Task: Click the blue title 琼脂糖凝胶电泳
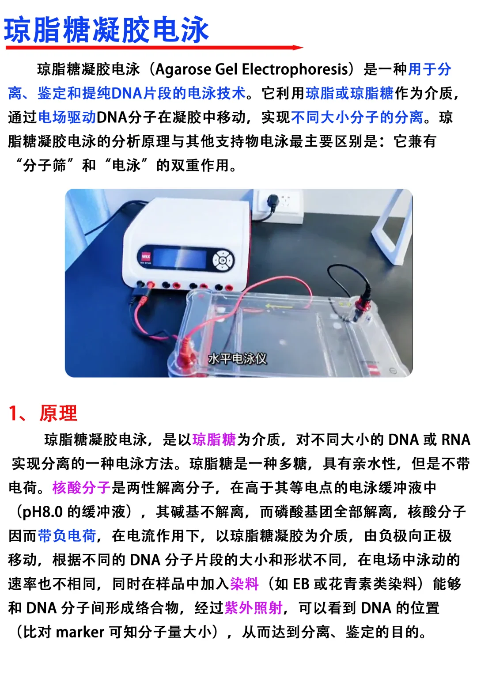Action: (x=106, y=30)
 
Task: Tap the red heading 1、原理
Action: (x=43, y=413)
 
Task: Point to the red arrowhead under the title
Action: (x=298, y=47)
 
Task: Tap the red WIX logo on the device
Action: (x=146, y=257)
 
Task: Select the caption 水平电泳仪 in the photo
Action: (x=238, y=359)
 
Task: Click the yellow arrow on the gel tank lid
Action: (x=278, y=307)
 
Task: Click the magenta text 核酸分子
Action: (x=81, y=488)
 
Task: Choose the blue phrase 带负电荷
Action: (x=67, y=536)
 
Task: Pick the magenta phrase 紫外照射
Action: (x=254, y=608)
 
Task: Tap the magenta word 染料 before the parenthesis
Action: (x=244, y=584)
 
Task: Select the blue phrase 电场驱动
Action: (x=67, y=117)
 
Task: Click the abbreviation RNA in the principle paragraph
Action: (x=456, y=440)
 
